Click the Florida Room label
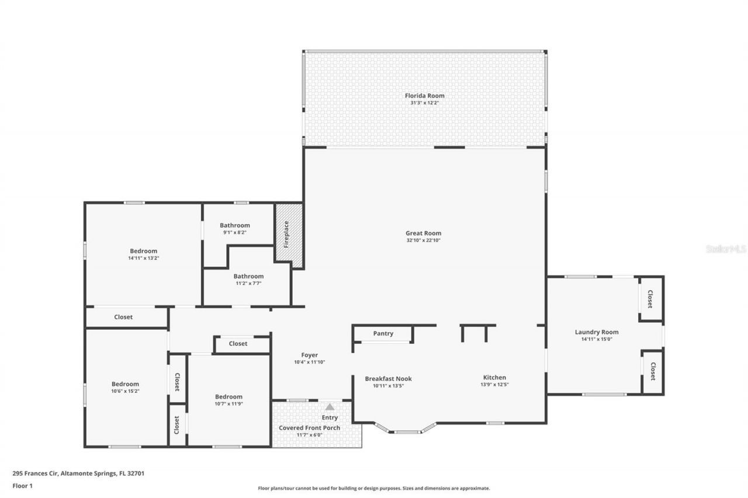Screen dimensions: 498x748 pyautogui.click(x=424, y=96)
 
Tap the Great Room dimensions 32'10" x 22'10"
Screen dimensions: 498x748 pyautogui.click(x=423, y=241)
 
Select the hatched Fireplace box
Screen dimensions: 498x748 pyautogui.click(x=289, y=235)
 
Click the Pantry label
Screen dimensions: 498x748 pyautogui.click(x=383, y=334)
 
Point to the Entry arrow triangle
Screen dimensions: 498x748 pyautogui.click(x=330, y=407)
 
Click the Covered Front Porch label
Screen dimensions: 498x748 pyautogui.click(x=309, y=428)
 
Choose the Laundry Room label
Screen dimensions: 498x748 pyautogui.click(x=596, y=332)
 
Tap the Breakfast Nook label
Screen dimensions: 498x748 pyautogui.click(x=388, y=378)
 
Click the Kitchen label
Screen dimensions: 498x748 pyautogui.click(x=494, y=377)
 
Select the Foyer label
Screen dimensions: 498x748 pyautogui.click(x=309, y=355)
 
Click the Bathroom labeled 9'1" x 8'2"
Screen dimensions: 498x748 pyautogui.click(x=234, y=225)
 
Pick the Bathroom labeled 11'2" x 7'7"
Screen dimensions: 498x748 pyautogui.click(x=248, y=276)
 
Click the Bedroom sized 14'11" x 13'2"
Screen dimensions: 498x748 pyautogui.click(x=143, y=251)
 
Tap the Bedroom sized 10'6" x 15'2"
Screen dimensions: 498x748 pyautogui.click(x=125, y=384)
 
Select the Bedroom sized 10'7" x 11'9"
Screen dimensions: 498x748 pyautogui.click(x=228, y=397)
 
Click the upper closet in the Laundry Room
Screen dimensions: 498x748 pyautogui.click(x=650, y=299)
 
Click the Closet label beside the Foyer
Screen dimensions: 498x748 pyautogui.click(x=238, y=344)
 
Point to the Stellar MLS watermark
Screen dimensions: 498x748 pyautogui.click(x=726, y=249)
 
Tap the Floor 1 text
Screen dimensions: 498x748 pyautogui.click(x=23, y=485)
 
